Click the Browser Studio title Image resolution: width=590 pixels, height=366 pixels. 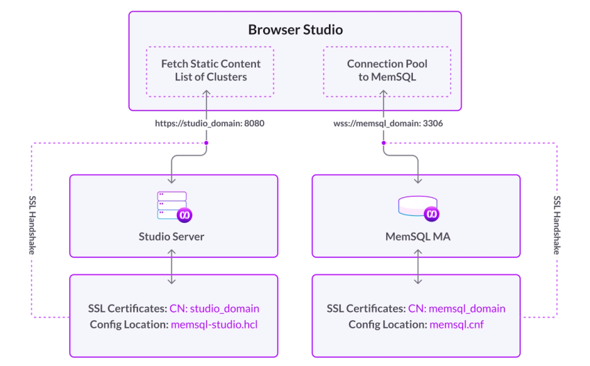(x=296, y=30)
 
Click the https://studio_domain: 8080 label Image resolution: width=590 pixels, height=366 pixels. (x=210, y=123)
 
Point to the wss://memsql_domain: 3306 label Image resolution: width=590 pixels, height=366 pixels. (x=388, y=123)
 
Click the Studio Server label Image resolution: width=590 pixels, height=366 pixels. (x=171, y=236)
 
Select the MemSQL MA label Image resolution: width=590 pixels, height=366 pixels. (x=418, y=236)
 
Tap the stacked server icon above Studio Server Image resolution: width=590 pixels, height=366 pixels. (x=174, y=207)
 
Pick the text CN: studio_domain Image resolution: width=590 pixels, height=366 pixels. (x=214, y=308)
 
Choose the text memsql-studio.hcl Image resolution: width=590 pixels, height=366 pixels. (x=214, y=324)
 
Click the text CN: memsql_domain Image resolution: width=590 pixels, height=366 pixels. (x=457, y=308)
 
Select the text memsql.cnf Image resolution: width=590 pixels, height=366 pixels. (x=457, y=324)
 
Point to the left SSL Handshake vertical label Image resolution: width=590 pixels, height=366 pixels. (x=33, y=225)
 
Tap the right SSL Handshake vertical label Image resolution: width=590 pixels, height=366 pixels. (x=557, y=225)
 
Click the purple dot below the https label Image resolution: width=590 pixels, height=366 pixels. (x=206, y=143)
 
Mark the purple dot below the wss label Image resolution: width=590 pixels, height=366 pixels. (x=383, y=143)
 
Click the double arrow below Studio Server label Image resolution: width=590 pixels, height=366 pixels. (x=171, y=267)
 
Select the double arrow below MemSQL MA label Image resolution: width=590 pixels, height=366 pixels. (x=418, y=267)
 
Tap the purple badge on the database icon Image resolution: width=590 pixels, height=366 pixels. (x=432, y=214)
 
